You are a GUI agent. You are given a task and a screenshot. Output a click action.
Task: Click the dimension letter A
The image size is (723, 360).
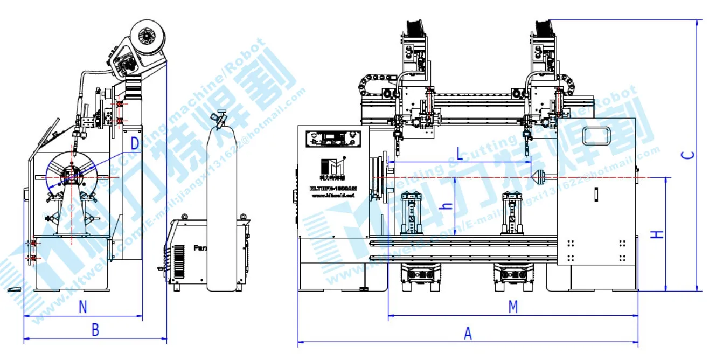coord(468,334)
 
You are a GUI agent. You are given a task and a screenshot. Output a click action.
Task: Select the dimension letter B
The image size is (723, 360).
coord(95,330)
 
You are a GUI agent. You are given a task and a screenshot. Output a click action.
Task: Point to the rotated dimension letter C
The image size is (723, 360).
coord(687,155)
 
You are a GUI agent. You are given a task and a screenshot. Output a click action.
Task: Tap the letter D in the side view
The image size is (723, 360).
coord(135,144)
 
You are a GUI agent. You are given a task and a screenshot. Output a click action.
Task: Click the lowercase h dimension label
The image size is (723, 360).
coord(446,206)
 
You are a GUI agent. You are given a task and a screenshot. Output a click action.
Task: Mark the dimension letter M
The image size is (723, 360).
coord(513,307)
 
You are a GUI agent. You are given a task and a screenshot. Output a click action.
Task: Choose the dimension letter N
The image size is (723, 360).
coord(82,307)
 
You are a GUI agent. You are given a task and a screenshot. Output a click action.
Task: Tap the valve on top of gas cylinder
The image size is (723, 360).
coord(220,120)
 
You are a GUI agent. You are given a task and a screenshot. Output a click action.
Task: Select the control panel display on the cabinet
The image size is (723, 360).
coord(330,139)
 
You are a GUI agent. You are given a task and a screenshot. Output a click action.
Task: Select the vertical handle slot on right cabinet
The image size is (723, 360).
coord(596,194)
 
